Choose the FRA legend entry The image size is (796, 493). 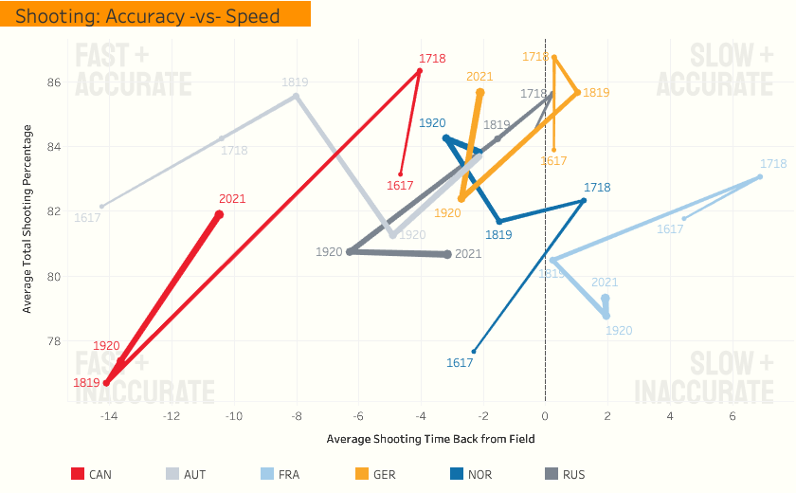click(279, 474)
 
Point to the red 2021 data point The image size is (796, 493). click(219, 214)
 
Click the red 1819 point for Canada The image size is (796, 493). click(106, 383)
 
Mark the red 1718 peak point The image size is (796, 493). click(419, 70)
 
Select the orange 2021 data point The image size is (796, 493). click(480, 92)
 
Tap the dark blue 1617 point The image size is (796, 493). click(474, 352)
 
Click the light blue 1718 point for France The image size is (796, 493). click(760, 177)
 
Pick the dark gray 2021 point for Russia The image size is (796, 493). click(448, 254)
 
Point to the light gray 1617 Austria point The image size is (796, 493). click(101, 206)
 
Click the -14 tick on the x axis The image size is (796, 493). click(109, 416)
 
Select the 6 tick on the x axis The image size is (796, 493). click(733, 416)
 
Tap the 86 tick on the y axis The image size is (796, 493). click(53, 82)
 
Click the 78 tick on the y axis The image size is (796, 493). click(53, 341)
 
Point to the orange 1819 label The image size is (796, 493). click(596, 93)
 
